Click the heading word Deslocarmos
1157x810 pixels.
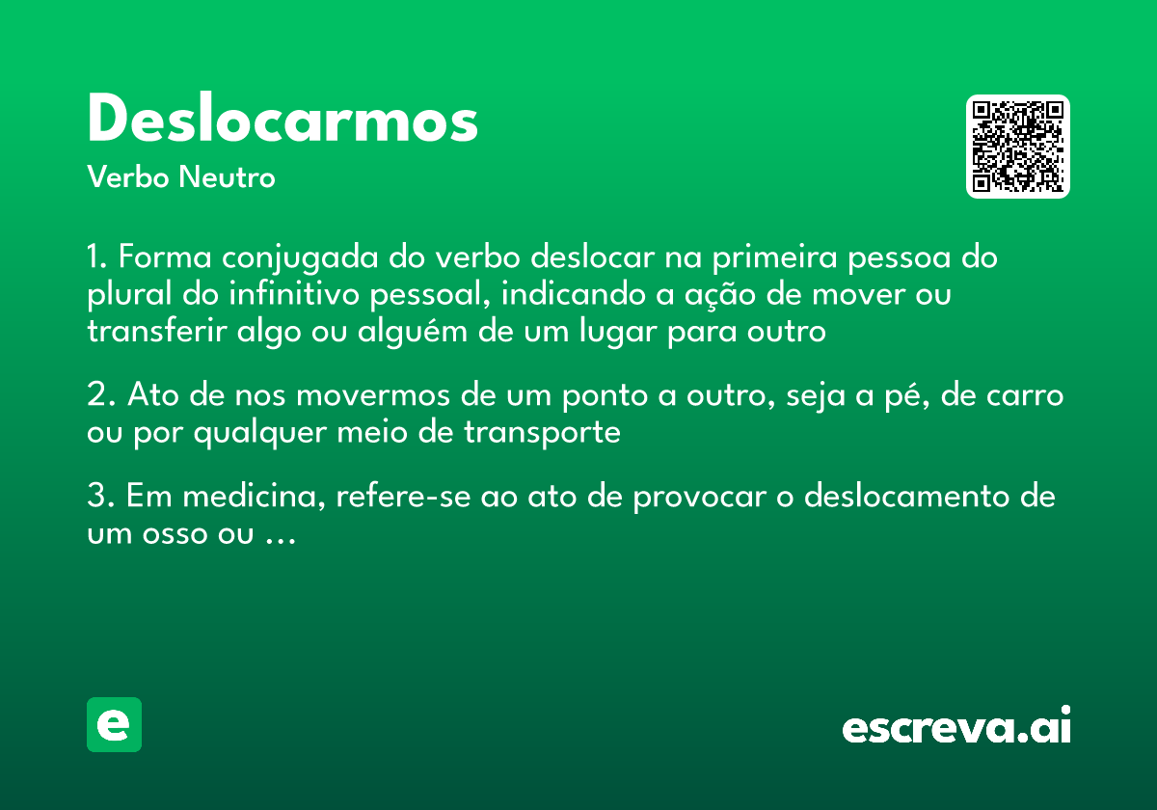click(x=283, y=121)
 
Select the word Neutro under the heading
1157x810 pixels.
click(x=227, y=177)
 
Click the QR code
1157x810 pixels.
click(x=1018, y=147)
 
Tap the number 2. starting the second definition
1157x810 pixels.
click(x=100, y=396)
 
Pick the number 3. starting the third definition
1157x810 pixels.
click(x=100, y=498)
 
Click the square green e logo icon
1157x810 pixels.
click(x=115, y=724)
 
